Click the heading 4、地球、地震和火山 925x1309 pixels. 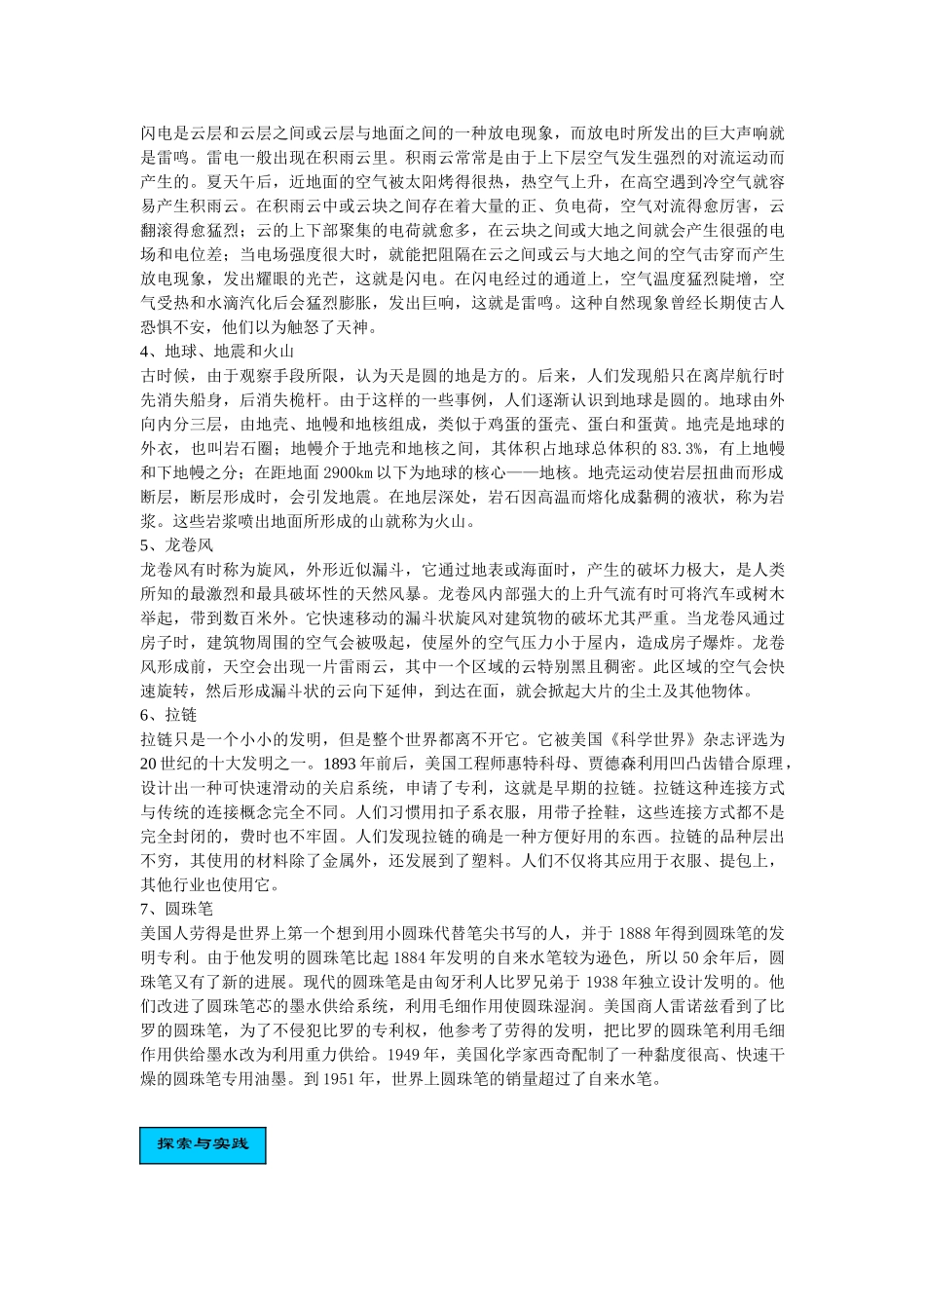pos(217,351)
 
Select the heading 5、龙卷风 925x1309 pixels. pos(177,545)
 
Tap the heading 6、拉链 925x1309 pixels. pos(168,715)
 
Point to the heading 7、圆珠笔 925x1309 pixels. pos(177,909)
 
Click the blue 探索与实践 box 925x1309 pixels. pos(203,1144)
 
